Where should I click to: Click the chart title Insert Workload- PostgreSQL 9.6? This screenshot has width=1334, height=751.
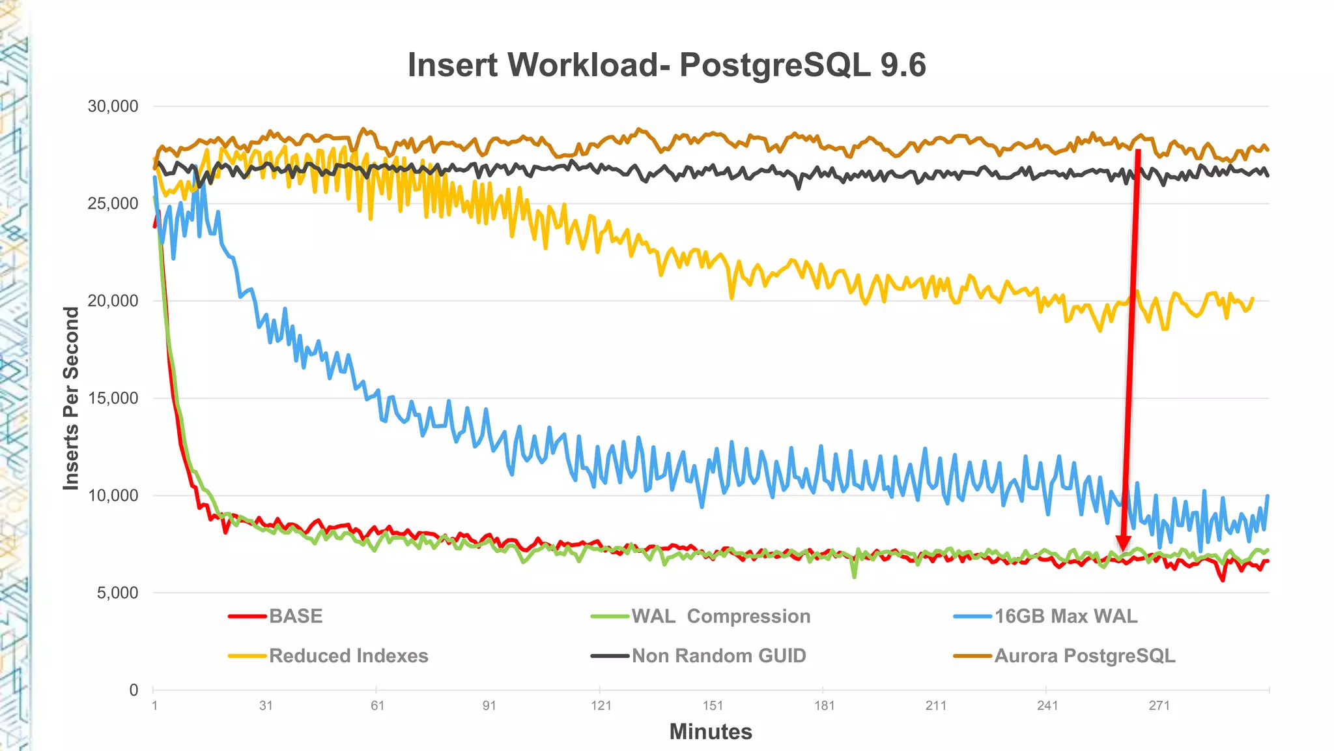(x=666, y=65)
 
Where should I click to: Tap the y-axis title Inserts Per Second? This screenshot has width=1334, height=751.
(x=70, y=398)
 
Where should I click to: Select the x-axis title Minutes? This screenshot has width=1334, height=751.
(x=711, y=731)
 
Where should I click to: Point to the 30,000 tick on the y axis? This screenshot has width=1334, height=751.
(x=113, y=106)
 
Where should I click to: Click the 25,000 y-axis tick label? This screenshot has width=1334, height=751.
(x=113, y=203)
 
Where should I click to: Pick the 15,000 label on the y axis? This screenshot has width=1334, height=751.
(x=113, y=398)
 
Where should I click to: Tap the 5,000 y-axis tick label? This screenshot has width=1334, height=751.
(x=117, y=593)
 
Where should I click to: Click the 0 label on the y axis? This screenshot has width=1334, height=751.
(x=134, y=690)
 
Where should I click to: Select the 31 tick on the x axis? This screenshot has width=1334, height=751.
(x=266, y=705)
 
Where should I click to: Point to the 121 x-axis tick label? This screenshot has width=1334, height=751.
(x=601, y=705)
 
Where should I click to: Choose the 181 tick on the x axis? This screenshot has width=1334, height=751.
(x=825, y=705)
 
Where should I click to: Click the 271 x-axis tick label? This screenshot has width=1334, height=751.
(x=1159, y=705)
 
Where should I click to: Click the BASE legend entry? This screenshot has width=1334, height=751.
(x=296, y=616)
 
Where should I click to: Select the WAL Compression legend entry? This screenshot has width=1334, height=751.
(x=720, y=616)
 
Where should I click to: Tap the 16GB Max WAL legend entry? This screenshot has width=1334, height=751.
(x=1066, y=616)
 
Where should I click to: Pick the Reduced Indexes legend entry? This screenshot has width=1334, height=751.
(x=348, y=655)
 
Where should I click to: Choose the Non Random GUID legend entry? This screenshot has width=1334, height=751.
(x=718, y=655)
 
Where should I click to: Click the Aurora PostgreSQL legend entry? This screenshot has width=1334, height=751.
(x=1085, y=655)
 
